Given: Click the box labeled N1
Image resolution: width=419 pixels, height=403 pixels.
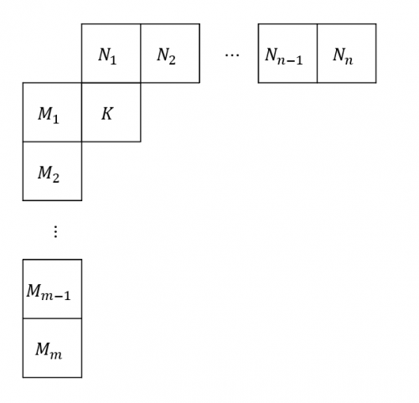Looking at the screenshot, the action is tap(111, 54).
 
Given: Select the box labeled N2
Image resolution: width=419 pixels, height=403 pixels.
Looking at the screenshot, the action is tap(170, 54).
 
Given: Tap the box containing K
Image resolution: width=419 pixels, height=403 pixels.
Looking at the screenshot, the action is tap(111, 112).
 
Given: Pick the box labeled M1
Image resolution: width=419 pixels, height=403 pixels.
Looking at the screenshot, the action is tap(52, 112).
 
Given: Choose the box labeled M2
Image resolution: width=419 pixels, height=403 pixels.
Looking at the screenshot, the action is tap(52, 171).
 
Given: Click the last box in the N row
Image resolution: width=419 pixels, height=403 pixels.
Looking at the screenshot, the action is tap(347, 54).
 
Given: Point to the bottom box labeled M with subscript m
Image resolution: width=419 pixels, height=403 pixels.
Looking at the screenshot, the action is tap(52, 348).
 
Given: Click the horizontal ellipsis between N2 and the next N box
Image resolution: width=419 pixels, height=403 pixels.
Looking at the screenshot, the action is tap(232, 55).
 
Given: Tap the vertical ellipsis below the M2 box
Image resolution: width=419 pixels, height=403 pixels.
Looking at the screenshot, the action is tap(55, 231).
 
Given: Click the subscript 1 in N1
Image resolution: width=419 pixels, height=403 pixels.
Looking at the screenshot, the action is tap(113, 59).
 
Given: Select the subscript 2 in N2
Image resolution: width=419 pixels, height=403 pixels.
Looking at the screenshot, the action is tap(172, 59).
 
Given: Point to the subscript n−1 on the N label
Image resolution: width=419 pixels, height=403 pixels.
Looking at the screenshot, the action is tap(290, 60).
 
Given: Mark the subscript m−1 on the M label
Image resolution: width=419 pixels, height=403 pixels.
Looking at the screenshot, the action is tap(56, 296).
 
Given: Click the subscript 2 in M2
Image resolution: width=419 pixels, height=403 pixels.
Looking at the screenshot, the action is tap(55, 178).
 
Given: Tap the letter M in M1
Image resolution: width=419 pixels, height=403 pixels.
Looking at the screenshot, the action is tap(45, 113).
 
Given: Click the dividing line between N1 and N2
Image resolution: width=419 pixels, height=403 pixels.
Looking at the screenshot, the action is tap(141, 54).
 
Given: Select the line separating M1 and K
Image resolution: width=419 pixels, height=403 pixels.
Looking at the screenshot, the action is tap(81, 112).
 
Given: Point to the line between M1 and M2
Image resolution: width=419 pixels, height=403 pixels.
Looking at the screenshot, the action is tap(52, 142).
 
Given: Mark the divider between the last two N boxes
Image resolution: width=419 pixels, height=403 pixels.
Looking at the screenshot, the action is tap(317, 54).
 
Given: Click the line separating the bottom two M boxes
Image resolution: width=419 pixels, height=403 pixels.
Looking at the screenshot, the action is tap(52, 318).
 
